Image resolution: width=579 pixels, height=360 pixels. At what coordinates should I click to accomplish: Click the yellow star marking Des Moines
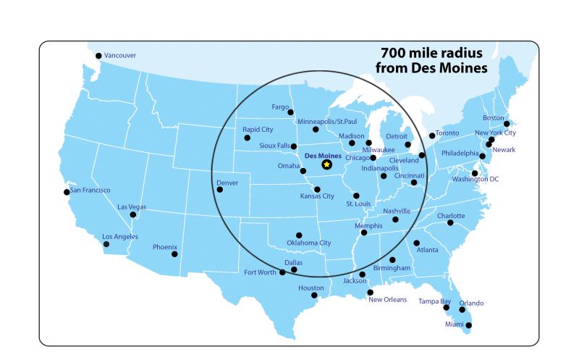coord(326,164)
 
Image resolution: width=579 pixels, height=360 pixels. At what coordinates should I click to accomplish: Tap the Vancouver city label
coord(119,55)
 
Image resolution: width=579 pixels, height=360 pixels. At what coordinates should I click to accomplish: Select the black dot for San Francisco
coord(67,192)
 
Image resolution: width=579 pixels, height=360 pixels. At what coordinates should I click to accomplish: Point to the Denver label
coord(227,183)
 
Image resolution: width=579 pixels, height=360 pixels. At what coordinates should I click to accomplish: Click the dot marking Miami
coord(468,325)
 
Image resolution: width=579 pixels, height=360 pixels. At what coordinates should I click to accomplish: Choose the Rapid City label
coord(258,129)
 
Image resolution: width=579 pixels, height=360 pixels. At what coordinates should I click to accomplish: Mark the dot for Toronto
coord(432,135)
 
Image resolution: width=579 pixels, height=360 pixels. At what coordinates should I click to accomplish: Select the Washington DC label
coord(476,179)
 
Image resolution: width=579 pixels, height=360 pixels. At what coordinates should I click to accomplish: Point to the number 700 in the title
coord(394,54)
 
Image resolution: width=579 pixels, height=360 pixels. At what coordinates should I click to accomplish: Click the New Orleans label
coord(387,299)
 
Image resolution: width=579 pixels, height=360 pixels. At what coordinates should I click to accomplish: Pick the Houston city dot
coord(313,296)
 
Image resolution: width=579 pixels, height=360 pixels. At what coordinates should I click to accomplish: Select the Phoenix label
coord(164,247)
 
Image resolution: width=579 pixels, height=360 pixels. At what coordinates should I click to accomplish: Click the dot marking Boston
coord(507,124)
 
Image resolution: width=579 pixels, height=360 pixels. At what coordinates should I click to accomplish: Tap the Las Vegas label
coord(132,207)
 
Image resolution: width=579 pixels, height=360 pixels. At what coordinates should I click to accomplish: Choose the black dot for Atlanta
coord(416,243)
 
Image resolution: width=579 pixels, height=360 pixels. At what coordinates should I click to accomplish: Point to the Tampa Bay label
coord(434,301)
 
